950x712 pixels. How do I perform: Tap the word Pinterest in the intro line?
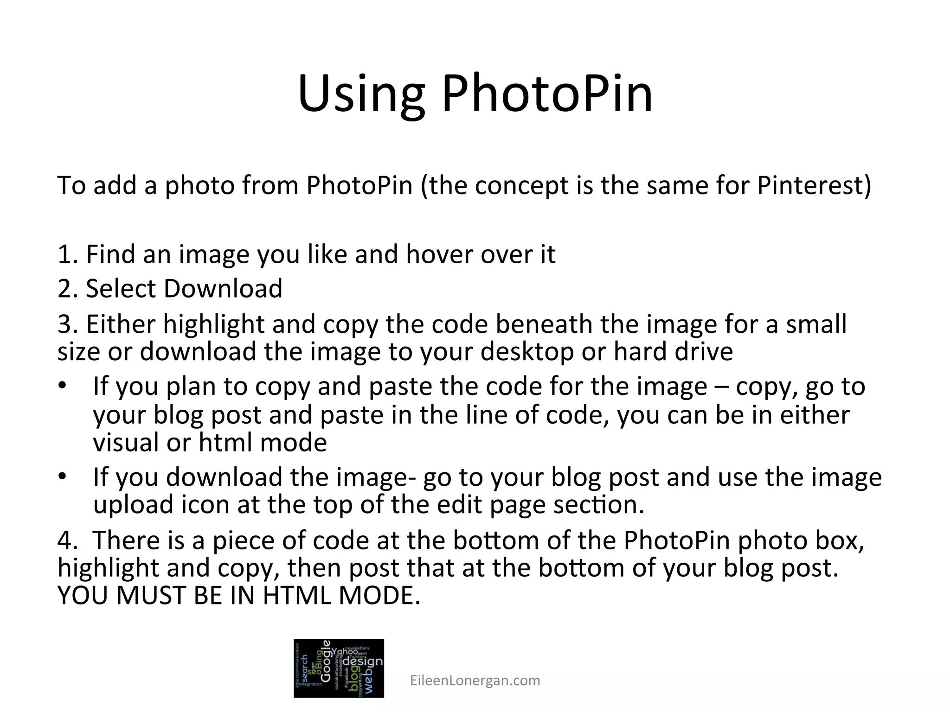pyautogui.click(x=814, y=185)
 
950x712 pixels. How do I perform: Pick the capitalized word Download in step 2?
pyautogui.click(x=223, y=288)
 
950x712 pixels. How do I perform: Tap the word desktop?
pyautogui.click(x=527, y=352)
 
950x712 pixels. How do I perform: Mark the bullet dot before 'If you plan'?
pyautogui.click(x=62, y=386)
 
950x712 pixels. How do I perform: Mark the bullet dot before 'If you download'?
pyautogui.click(x=62, y=477)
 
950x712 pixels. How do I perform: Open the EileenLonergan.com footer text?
pyautogui.click(x=475, y=680)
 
